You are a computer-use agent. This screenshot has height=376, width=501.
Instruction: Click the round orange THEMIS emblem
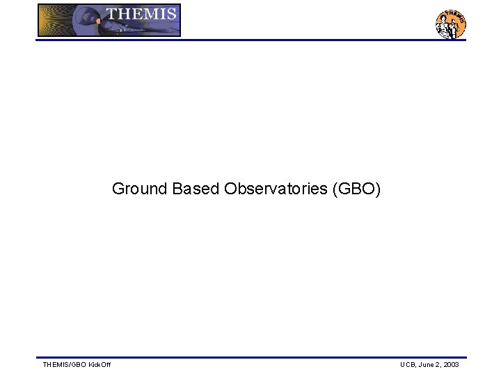pyautogui.click(x=450, y=24)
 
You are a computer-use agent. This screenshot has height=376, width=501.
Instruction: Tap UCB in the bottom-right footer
pyautogui.click(x=408, y=365)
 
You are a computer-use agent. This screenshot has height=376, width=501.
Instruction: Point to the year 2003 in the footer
pyautogui.click(x=451, y=365)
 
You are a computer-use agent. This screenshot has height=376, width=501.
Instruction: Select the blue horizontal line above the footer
pyautogui.click(x=250, y=357)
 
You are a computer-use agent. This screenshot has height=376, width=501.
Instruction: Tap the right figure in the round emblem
pyautogui.click(x=456, y=28)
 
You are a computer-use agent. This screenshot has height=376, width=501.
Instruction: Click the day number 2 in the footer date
pyautogui.click(x=439, y=365)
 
